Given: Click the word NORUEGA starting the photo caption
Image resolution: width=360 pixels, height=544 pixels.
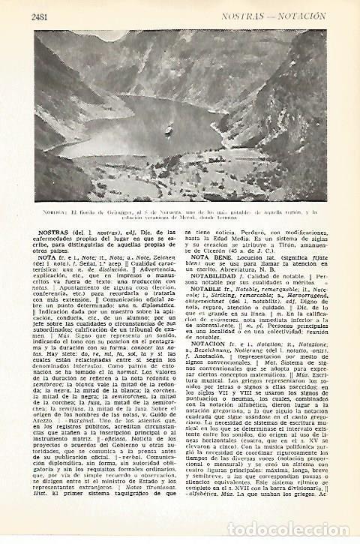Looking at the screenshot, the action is pyautogui.click(x=48, y=213).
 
